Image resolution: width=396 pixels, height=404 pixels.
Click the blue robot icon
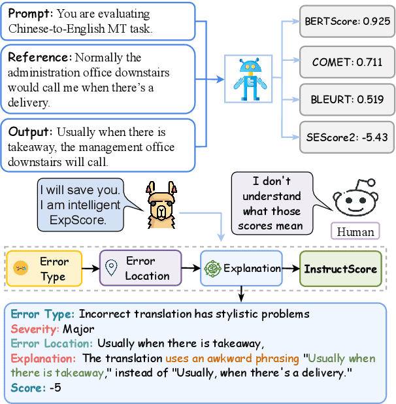click(x=249, y=79)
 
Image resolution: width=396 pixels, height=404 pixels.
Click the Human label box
click(x=355, y=231)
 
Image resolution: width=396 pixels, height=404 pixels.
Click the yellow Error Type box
click(x=44, y=269)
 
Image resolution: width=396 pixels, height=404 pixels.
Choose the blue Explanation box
click(x=242, y=269)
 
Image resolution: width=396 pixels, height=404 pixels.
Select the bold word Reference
click(x=37, y=57)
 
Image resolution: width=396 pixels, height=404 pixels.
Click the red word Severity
click(x=32, y=328)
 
